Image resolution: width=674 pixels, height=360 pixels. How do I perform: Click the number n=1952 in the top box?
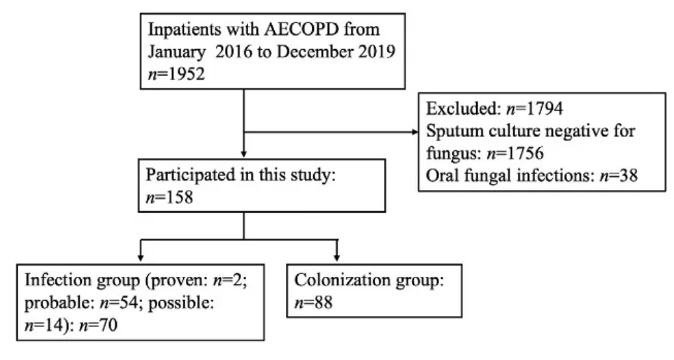coord(176,74)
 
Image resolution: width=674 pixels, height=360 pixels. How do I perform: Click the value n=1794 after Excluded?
coord(534,108)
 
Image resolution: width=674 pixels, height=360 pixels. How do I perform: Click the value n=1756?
coord(515,153)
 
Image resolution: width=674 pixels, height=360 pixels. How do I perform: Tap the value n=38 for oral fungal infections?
coord(619,175)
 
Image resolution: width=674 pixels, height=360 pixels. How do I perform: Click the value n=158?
coord(169,198)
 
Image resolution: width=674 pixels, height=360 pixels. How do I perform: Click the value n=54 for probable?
coord(119,303)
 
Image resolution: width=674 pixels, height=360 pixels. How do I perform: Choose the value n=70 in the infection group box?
coord(98,325)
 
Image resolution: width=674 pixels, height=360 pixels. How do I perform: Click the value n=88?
coord(313,303)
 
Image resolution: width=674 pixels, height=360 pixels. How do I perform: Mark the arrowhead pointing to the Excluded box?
coord(415,132)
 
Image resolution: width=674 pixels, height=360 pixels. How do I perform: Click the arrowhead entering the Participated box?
coord(244,154)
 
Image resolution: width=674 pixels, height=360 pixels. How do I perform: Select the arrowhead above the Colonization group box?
coord(336,258)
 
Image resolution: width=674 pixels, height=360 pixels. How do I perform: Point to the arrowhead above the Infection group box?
coord(141,258)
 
